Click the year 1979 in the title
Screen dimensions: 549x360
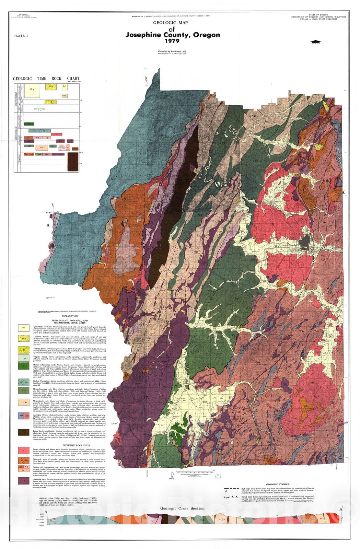click(172, 41)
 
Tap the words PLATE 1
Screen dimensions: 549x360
click(20, 36)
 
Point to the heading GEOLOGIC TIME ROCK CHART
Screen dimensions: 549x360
click(46, 79)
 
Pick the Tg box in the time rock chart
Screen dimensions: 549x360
click(51, 102)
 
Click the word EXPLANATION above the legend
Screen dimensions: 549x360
click(70, 316)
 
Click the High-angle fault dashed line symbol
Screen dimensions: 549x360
click(231, 488)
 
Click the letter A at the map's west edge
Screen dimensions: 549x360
click(48, 225)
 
